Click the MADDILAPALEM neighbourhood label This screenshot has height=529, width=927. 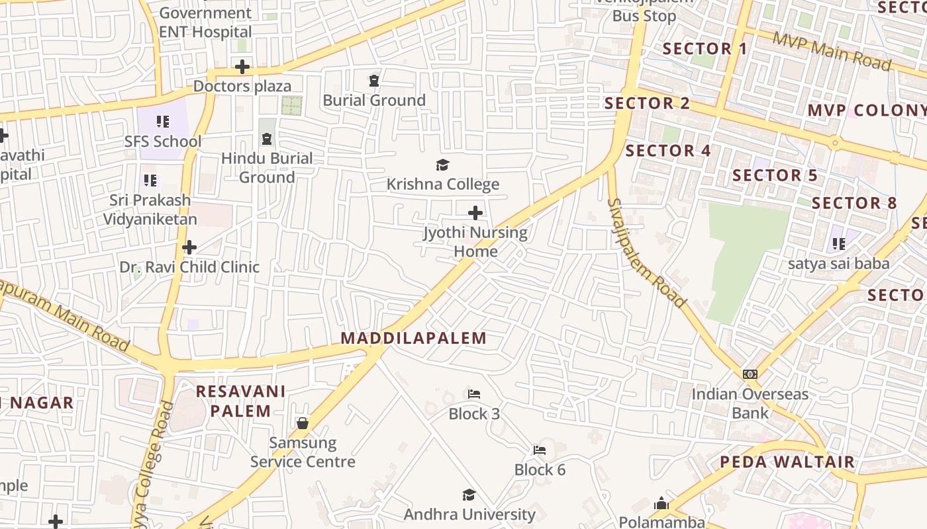413,339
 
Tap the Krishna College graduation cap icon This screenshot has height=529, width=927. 442,165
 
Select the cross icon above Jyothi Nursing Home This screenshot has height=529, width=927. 475,213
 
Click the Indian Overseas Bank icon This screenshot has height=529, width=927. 750,374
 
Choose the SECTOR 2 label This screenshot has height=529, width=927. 647,103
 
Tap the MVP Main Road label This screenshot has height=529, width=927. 832,50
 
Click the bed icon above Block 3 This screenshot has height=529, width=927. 474,394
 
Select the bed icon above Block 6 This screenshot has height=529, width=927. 540,450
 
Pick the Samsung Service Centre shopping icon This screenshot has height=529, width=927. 303,423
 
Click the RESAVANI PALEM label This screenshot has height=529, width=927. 241,401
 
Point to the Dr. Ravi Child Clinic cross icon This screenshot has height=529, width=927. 189,247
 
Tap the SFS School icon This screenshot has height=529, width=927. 163,122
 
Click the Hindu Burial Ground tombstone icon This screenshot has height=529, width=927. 267,139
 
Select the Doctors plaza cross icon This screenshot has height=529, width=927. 242,67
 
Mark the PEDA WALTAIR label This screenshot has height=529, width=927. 787,462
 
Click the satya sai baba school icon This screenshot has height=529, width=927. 839,244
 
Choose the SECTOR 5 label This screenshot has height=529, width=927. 775,175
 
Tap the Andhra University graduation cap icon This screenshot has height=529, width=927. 469,495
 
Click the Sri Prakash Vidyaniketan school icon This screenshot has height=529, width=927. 150,180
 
